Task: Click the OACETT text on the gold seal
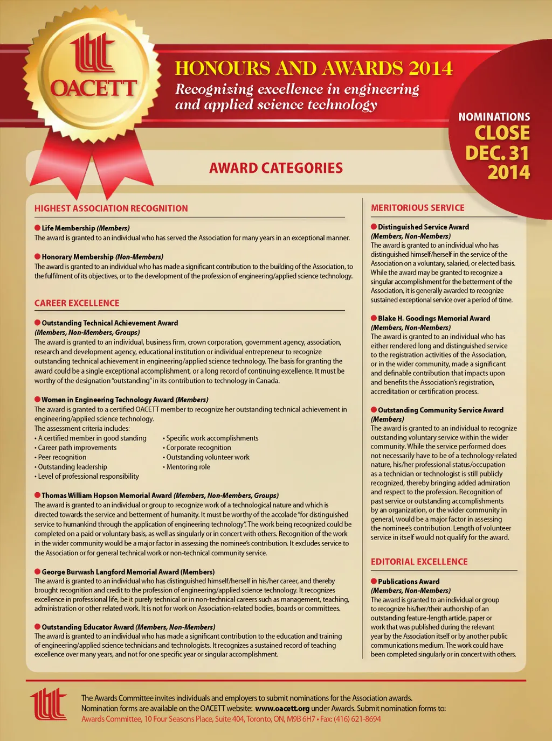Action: pos(93,88)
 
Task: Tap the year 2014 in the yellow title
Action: pos(430,68)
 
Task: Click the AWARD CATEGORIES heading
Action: pos(275,168)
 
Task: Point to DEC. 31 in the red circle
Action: pos(497,153)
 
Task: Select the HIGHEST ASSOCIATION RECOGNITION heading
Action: pos(111,208)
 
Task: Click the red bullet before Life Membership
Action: pos(38,228)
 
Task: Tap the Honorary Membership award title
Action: pos(78,257)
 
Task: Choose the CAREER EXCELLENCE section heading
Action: pos(77,303)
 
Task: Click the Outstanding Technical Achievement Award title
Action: pos(110,323)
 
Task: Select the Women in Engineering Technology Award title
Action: pos(108,400)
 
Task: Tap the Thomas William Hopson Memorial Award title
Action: pos(107,495)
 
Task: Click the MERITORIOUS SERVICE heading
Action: pos(418,208)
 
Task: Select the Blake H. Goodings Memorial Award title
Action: pos(434,318)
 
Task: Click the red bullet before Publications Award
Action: pos(374,582)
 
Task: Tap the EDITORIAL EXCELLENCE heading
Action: pos(419,562)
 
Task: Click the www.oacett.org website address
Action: pos(282,709)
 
